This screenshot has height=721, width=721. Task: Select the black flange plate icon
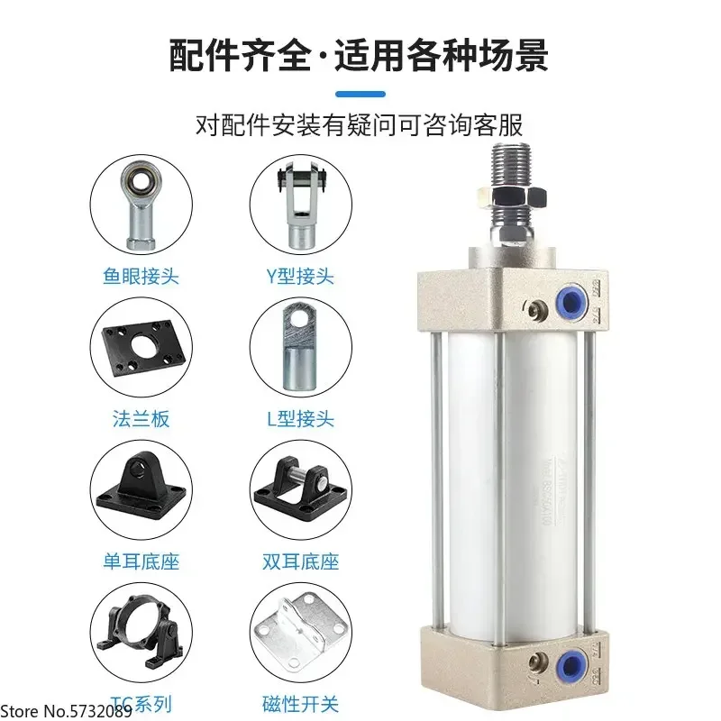pos(141,348)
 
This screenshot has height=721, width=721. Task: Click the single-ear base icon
pos(141,490)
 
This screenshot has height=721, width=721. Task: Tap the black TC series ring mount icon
pos(141,631)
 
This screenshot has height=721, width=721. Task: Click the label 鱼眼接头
pos(141,276)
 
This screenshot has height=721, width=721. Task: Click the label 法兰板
pos(141,418)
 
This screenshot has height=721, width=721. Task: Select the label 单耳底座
pos(141,561)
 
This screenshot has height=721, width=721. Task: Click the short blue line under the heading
pos(360,94)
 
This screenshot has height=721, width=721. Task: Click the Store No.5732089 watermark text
pos(67,710)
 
